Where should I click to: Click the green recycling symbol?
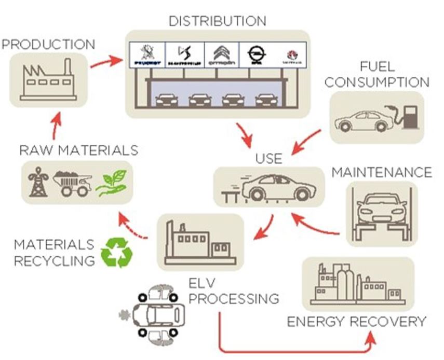116,253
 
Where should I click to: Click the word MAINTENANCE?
382,172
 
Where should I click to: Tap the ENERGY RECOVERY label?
356,322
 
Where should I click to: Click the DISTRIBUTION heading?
218,21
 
